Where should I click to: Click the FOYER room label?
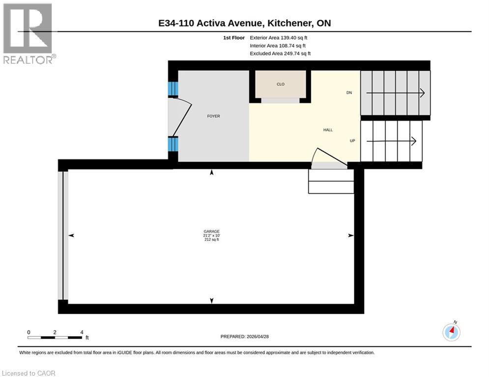click(213, 116)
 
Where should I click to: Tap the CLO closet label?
click(281, 84)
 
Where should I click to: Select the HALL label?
click(328, 130)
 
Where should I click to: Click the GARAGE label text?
click(212, 231)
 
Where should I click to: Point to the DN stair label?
click(349, 92)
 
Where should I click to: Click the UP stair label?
click(352, 141)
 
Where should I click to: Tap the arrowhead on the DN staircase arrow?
click(422, 92)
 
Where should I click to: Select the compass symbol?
click(451, 332)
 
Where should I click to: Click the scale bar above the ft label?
click(55, 337)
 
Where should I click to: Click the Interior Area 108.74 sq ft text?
click(278, 46)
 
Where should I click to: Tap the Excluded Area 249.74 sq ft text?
click(280, 54)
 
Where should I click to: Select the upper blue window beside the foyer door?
click(173, 89)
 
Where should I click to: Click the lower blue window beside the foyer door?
click(173, 144)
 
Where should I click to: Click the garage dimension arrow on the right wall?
click(350, 236)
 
